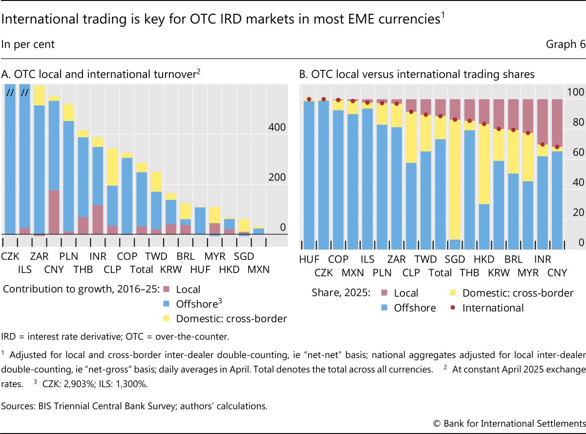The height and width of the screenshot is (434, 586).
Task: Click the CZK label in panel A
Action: click(x=10, y=256)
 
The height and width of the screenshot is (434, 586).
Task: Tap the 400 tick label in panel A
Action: click(x=277, y=127)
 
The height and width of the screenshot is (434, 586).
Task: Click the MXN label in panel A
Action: click(x=258, y=269)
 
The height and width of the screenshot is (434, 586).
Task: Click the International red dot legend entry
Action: click(x=492, y=308)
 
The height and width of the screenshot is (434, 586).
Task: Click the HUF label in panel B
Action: click(x=310, y=259)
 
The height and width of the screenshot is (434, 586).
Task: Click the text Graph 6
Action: click(x=565, y=44)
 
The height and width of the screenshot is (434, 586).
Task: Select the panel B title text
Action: click(x=417, y=75)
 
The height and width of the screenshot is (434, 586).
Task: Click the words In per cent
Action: click(x=28, y=44)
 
